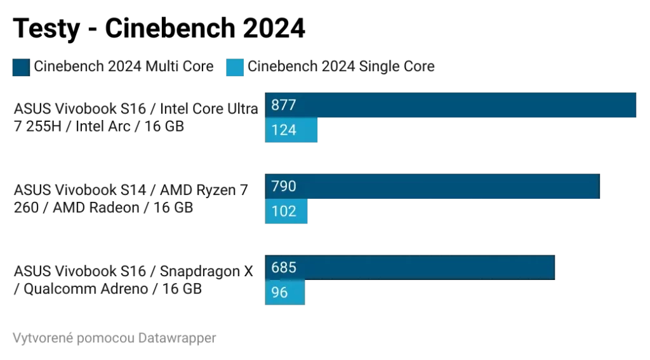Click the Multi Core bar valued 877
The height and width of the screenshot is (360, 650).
(451, 105)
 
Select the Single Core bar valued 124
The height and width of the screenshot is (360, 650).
(291, 130)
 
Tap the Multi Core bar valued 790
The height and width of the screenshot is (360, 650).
(432, 186)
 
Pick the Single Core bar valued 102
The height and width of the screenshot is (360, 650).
(286, 211)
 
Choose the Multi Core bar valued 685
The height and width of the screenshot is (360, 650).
(410, 267)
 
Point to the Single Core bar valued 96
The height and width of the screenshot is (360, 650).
(285, 293)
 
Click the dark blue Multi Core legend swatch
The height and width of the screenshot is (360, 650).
(21, 67)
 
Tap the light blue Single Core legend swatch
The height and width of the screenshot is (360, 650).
(235, 67)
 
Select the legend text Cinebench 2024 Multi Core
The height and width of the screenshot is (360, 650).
(124, 67)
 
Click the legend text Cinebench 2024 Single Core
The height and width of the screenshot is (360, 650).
(341, 67)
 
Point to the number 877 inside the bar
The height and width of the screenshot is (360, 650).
(284, 105)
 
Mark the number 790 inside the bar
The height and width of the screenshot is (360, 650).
(284, 186)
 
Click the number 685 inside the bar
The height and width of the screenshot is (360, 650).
(284, 267)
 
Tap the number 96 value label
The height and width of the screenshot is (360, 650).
(279, 293)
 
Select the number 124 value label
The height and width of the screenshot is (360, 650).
(284, 130)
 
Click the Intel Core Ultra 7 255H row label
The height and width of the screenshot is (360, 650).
(135, 117)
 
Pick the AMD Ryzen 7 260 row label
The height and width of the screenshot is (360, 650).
(130, 199)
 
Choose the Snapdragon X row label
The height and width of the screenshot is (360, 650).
(133, 280)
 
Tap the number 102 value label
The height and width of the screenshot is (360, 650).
(284, 211)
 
